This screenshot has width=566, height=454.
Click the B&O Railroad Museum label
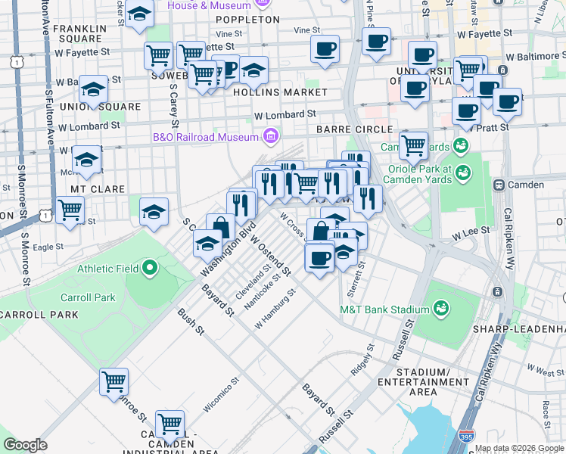click(206, 137)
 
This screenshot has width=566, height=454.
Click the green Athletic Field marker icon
click(150, 267)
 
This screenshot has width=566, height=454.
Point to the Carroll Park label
click(89, 297)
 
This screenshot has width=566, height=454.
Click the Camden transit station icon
click(499, 185)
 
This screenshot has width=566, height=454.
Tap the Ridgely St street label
click(363, 361)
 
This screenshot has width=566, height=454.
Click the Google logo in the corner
click(25, 445)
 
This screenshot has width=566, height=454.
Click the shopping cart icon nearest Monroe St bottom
click(114, 381)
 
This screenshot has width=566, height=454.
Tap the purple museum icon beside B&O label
click(269, 137)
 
